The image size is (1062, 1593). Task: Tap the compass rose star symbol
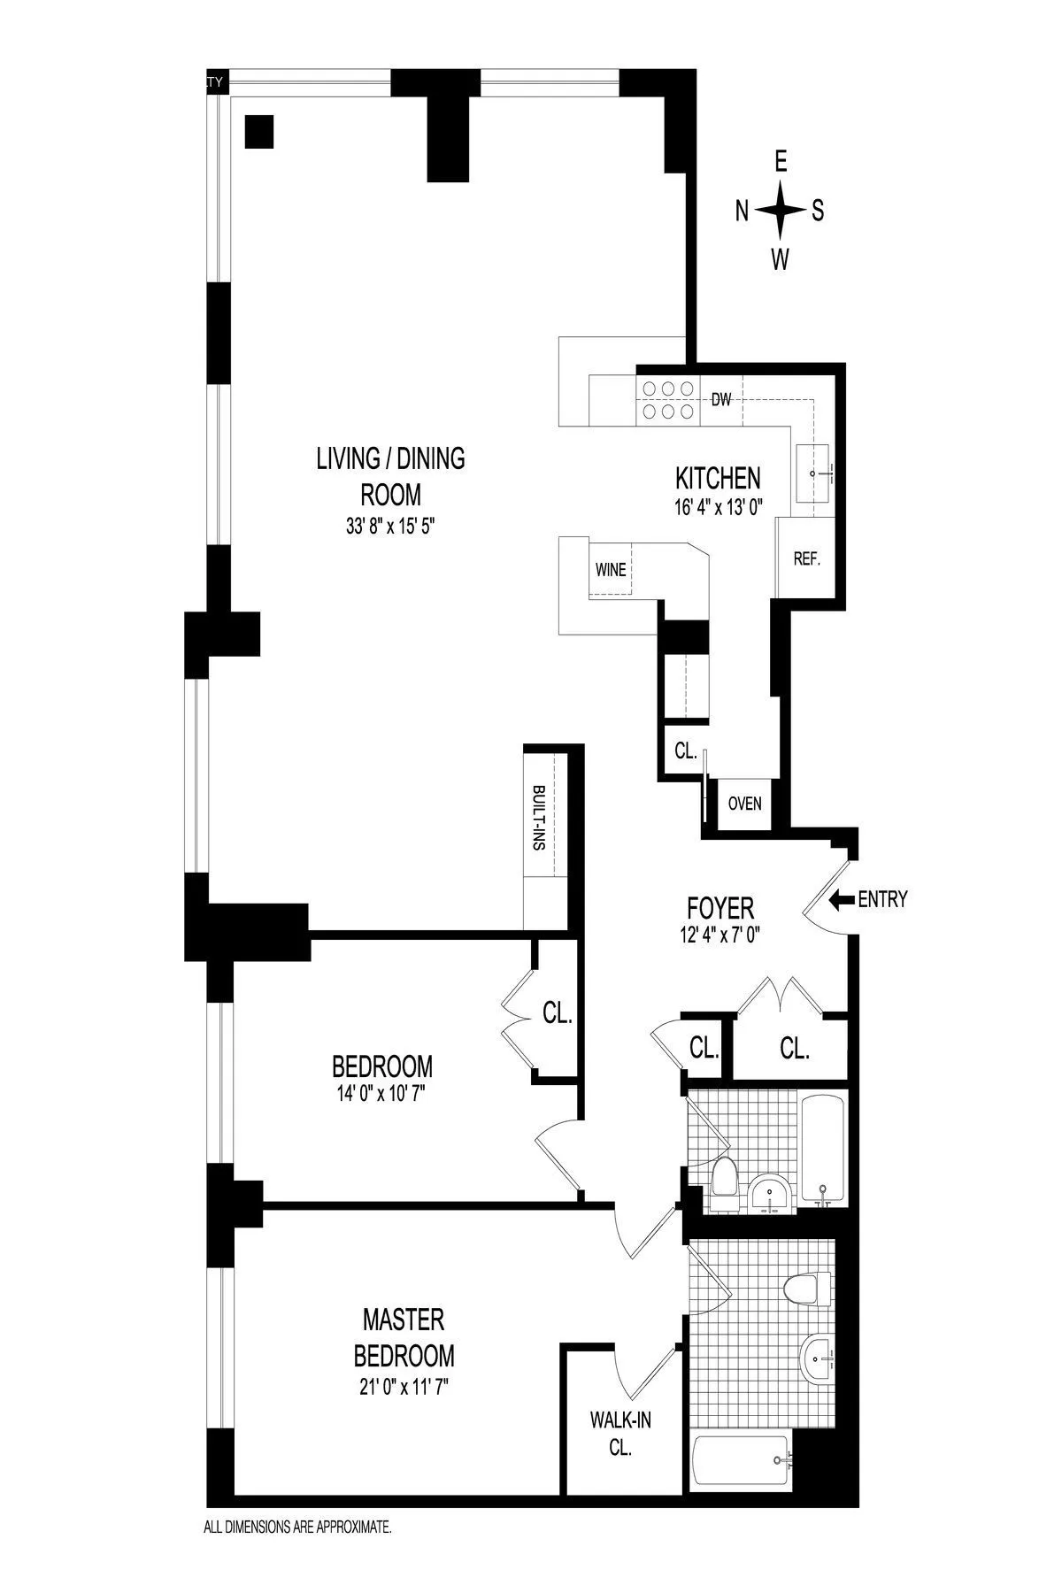click(781, 211)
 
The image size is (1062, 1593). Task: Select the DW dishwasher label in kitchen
click(721, 400)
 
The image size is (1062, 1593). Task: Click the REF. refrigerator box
click(805, 559)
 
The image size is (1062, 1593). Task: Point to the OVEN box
click(744, 804)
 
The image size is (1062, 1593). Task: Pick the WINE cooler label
click(611, 569)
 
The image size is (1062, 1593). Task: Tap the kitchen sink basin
click(820, 473)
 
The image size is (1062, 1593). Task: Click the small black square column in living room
click(259, 132)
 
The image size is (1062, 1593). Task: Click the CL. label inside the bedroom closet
click(558, 1014)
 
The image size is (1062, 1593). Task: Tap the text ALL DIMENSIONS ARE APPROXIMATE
click(297, 1526)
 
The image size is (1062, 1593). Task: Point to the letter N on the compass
click(743, 211)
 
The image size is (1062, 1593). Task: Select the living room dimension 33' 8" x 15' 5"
click(390, 526)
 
